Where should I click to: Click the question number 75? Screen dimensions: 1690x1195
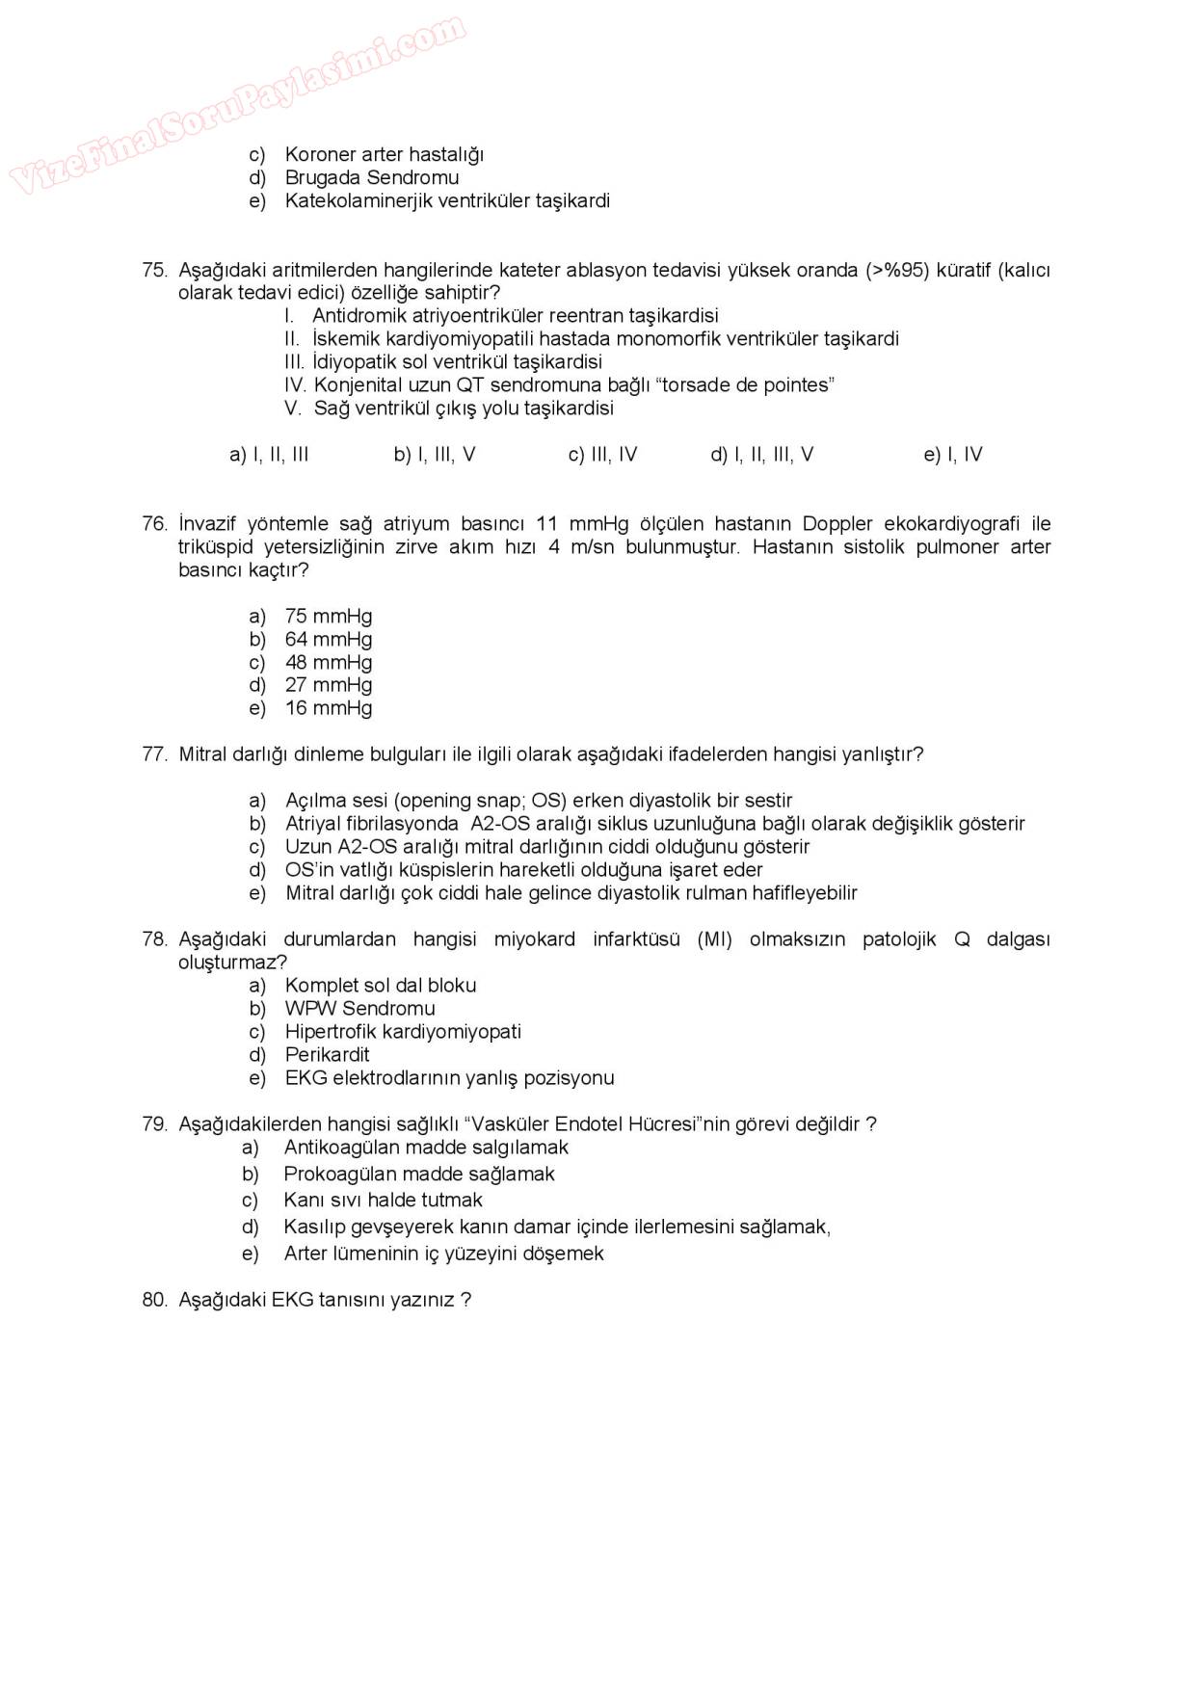(x=154, y=270)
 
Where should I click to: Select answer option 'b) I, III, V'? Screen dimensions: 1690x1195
(x=435, y=455)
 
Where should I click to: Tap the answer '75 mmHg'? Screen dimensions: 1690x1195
(x=328, y=616)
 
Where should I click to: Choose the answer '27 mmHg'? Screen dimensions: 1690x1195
(x=328, y=685)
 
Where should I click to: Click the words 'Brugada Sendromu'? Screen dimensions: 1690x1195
(x=372, y=177)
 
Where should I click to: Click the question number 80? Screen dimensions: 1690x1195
(x=154, y=1300)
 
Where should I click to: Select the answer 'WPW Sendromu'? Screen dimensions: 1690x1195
(x=359, y=1009)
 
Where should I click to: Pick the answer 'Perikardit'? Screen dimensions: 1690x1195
(x=327, y=1055)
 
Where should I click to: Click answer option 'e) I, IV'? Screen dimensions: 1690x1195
(x=953, y=455)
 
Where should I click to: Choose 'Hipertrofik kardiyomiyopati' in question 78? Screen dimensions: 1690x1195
(x=403, y=1032)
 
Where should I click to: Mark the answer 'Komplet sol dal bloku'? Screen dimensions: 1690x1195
(x=380, y=986)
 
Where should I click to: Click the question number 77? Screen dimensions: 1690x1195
(x=154, y=754)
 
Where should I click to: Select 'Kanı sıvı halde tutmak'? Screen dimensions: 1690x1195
(x=383, y=1201)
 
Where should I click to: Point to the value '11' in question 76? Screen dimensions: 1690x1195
(x=546, y=524)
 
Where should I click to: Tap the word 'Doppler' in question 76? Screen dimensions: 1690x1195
(x=836, y=524)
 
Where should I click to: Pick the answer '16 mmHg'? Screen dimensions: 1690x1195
(x=328, y=708)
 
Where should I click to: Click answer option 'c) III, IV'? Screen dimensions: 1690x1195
(x=602, y=455)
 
